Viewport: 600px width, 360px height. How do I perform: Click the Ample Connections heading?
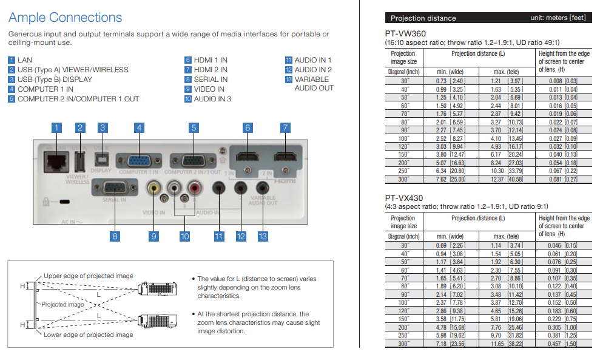coord(66,18)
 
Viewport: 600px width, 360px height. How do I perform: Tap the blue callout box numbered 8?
coord(114,236)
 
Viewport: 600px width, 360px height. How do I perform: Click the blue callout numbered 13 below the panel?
coord(263,236)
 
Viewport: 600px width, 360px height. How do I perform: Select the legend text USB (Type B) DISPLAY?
coord(55,80)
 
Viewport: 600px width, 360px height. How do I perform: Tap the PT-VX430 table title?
coord(404,199)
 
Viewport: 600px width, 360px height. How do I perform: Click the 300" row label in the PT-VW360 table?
coord(404,180)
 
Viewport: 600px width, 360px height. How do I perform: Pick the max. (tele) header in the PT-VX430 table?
coord(506,236)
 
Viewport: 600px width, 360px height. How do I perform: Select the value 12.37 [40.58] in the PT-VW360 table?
coord(507,180)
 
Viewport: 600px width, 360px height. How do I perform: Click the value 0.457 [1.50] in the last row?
coord(563,344)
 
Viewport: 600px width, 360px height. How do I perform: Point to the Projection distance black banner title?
coord(423,18)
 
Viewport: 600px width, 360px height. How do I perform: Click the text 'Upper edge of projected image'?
coord(88,276)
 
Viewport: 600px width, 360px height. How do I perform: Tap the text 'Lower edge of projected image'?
coord(88,335)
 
